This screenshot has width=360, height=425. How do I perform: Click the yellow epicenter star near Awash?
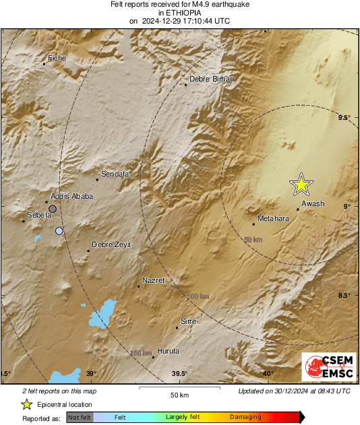(301, 184)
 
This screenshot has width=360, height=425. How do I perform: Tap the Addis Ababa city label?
(71, 196)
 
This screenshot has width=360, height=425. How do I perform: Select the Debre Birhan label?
(211, 79)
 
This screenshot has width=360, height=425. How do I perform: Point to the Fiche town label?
(57, 59)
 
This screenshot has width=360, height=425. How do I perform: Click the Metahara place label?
(273, 218)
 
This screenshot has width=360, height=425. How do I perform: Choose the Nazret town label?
(154, 280)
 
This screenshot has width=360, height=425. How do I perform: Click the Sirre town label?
(189, 322)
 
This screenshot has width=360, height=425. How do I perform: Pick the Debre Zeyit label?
(111, 244)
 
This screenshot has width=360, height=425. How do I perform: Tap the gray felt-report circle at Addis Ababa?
(53, 209)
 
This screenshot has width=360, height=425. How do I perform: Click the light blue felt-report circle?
(59, 231)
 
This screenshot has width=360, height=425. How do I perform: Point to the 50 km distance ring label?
(253, 240)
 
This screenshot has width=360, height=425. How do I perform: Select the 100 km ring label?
(199, 296)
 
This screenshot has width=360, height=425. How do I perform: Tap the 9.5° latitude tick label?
(344, 118)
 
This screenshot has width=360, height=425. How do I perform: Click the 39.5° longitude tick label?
(179, 374)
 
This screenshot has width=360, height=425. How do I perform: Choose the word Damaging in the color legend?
(245, 417)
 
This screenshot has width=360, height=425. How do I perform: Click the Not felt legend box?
(79, 417)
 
